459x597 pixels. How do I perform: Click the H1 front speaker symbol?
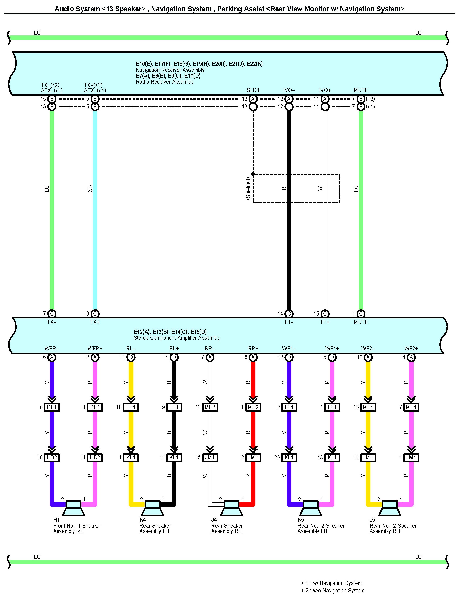(73, 508)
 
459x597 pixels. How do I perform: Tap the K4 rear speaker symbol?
(152, 508)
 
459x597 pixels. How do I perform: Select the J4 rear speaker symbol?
(231, 508)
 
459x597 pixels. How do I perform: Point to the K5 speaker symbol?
(311, 508)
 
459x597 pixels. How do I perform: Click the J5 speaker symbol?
(390, 508)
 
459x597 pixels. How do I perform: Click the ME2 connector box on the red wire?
(253, 407)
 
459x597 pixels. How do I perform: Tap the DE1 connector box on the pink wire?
(95, 407)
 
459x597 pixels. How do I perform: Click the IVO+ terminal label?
(325, 90)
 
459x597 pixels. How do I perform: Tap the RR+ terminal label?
(253, 348)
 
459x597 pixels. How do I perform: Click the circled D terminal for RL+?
(174, 357)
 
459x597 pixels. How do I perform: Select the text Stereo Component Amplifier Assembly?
(177, 338)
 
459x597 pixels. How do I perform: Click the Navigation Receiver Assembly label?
(170, 70)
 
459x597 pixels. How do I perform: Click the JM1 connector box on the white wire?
(210, 457)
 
